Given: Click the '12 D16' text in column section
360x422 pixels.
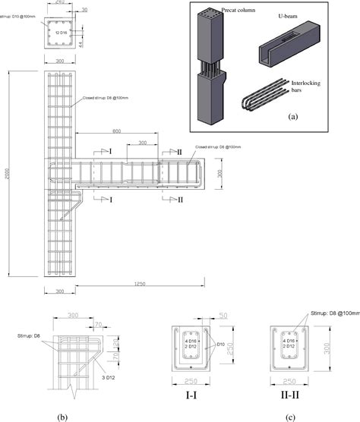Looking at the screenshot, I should [x=57, y=33].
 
